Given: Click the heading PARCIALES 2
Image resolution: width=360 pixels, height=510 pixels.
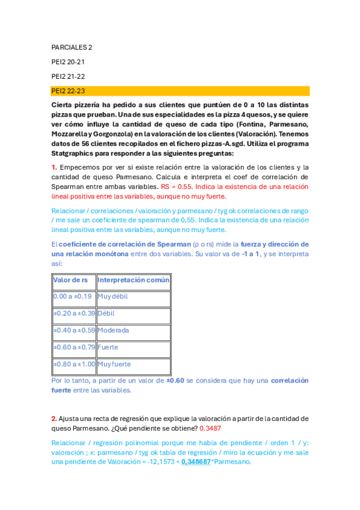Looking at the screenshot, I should [x=72, y=47].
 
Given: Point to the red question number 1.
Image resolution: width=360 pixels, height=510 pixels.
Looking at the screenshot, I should [x=53, y=167].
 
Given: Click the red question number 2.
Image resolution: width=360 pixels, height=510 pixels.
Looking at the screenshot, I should [x=53, y=418].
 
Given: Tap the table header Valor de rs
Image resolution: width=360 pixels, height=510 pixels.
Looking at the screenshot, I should [x=71, y=280].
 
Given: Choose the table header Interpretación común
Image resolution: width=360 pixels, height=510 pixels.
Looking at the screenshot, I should [x=133, y=280].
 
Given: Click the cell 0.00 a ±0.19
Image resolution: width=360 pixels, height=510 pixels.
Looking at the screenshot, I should [x=73, y=296].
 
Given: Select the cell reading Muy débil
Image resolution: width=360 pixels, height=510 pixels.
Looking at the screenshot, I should [x=112, y=296].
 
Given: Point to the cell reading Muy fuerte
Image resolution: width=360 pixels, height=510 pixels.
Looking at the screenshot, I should [x=114, y=364].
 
